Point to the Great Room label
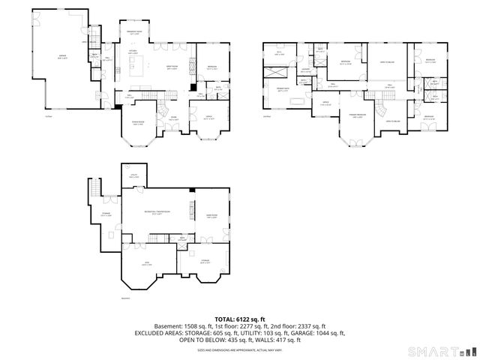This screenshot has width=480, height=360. click(x=171, y=69)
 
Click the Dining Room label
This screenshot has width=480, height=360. click(x=138, y=124)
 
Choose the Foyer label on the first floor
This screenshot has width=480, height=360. click(x=172, y=118)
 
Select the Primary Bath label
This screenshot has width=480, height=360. click(x=283, y=89)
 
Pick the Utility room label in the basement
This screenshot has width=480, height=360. click(x=133, y=177)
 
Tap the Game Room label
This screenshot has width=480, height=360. click(x=211, y=217)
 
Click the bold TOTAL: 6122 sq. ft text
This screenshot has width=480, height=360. click(x=239, y=318)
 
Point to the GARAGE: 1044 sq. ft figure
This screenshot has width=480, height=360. click(x=318, y=332)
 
